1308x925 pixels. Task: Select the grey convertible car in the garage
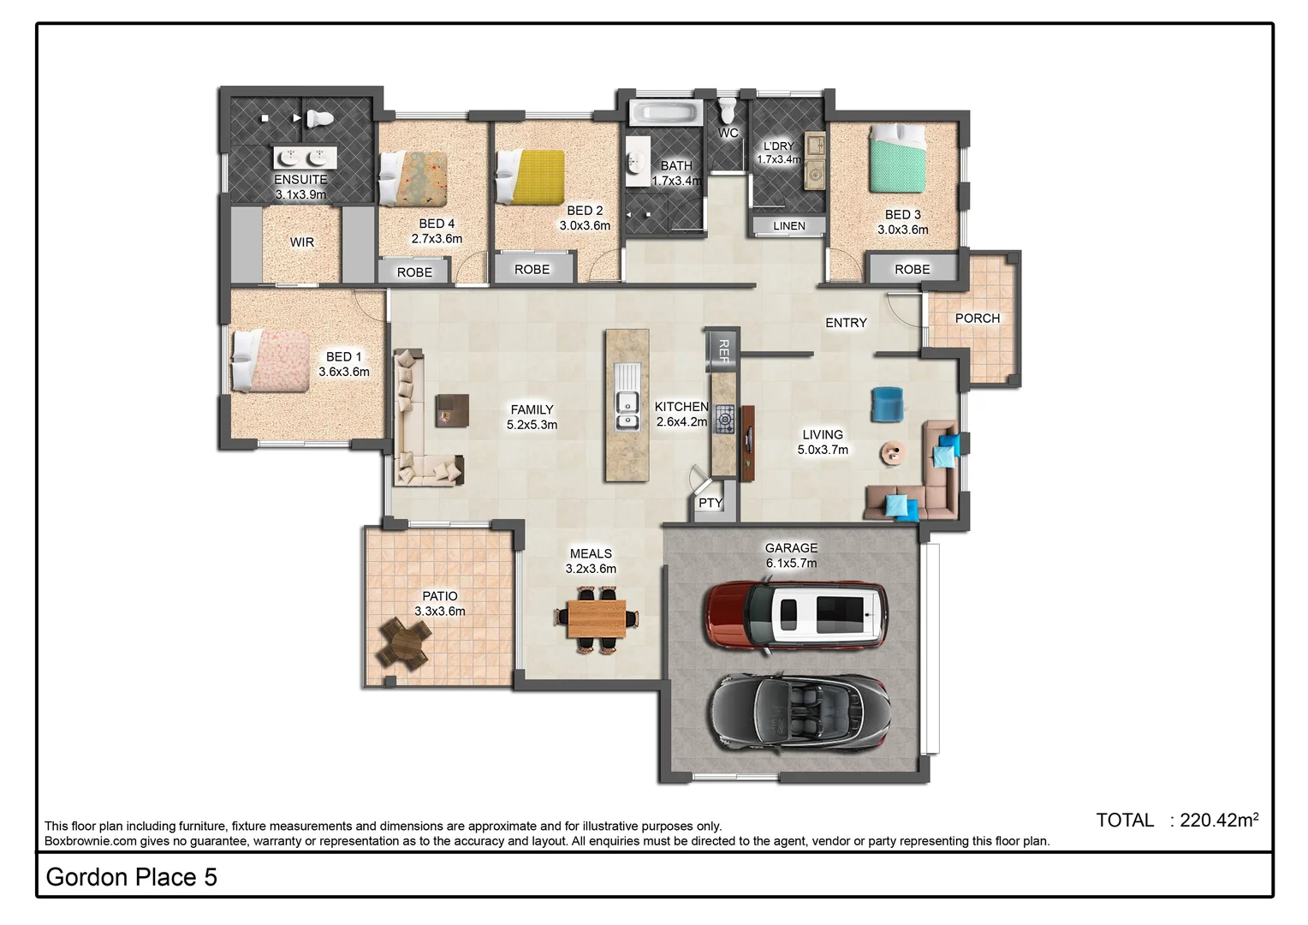click(x=800, y=711)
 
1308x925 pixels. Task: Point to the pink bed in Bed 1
click(x=271, y=361)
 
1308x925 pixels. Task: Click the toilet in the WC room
click(x=728, y=110)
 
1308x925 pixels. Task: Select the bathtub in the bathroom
click(x=665, y=112)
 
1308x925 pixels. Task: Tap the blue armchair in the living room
click(x=887, y=404)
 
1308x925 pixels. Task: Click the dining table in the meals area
click(x=596, y=618)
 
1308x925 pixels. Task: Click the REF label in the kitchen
click(x=722, y=350)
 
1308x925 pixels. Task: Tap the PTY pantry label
click(x=710, y=503)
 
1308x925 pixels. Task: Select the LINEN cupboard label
click(x=788, y=226)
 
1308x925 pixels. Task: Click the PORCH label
click(x=977, y=318)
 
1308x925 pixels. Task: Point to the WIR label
click(x=301, y=242)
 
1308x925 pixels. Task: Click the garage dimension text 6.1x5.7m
click(x=791, y=563)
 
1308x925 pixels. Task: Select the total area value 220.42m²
click(x=1218, y=820)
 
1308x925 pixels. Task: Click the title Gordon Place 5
click(x=131, y=876)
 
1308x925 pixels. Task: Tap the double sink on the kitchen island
click(x=627, y=409)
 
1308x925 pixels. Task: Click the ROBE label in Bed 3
click(x=912, y=269)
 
